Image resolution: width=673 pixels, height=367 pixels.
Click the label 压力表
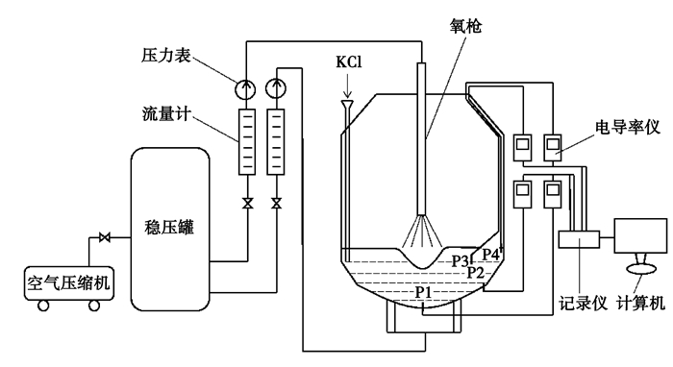[166, 56]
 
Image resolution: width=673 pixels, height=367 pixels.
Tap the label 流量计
[166, 114]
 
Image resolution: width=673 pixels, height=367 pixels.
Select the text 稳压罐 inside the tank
[169, 227]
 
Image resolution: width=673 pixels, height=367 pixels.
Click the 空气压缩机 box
[69, 283]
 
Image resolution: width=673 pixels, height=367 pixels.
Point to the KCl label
[348, 62]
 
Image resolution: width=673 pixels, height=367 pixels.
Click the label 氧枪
[465, 26]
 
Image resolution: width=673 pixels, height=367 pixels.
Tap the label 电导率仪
[627, 128]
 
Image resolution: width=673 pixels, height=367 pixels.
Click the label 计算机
[641, 304]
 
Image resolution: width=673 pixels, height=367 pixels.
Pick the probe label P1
[423, 292]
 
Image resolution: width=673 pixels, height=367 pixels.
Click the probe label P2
[476, 272]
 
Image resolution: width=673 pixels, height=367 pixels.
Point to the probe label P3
[461, 260]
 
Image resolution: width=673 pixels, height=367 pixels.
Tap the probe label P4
[491, 255]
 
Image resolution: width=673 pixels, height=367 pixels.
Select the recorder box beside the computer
[579, 239]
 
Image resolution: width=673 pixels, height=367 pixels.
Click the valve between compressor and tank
[104, 237]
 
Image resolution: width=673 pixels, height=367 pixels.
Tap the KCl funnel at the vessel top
[347, 105]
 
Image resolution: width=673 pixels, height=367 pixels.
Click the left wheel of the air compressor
[43, 306]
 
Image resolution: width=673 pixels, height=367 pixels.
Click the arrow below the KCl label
[348, 86]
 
